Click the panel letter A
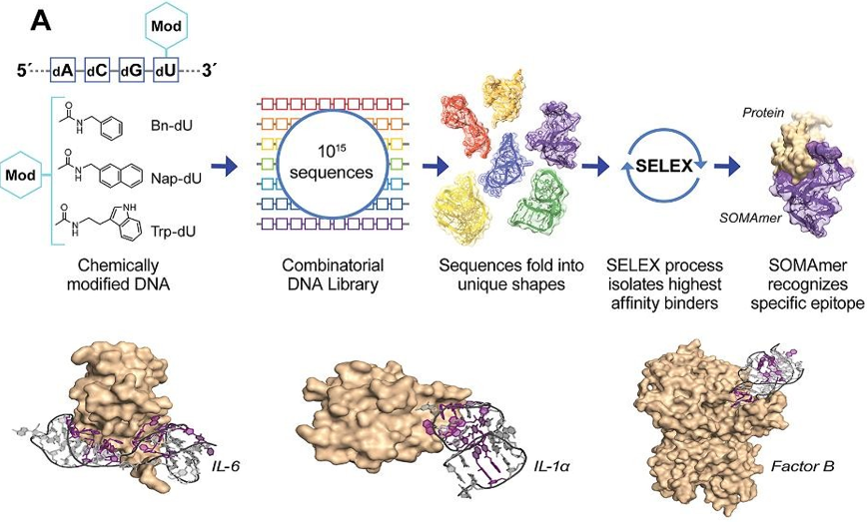[x=45, y=18]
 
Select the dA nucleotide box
[x=65, y=73]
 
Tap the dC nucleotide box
[x=97, y=73]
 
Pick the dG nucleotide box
[x=130, y=73]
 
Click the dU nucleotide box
[x=163, y=73]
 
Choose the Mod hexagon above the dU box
[x=164, y=25]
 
